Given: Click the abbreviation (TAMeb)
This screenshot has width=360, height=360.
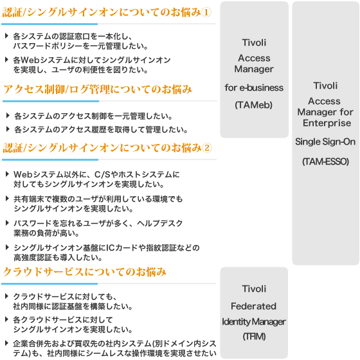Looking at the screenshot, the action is (254, 105).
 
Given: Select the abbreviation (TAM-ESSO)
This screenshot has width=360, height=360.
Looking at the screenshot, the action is (325, 161).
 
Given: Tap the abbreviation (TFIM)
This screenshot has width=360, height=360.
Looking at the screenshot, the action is (254, 336).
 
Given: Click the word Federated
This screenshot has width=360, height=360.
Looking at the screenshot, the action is (254, 306).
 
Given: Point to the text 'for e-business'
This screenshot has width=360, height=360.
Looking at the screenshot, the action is (254, 87).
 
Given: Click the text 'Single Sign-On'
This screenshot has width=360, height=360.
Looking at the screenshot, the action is (325, 141).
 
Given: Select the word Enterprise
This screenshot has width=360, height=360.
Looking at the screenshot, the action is (327, 123).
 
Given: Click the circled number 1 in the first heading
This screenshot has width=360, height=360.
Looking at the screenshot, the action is (206, 12).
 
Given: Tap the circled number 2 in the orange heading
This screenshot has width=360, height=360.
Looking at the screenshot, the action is (206, 148).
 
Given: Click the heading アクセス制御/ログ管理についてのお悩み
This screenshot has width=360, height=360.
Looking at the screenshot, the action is (98, 89).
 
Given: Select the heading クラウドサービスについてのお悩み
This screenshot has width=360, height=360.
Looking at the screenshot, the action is (84, 271).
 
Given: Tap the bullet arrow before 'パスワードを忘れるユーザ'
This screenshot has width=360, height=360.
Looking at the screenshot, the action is (7, 222).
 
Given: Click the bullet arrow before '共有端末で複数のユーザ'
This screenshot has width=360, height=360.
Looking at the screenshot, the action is (7, 199).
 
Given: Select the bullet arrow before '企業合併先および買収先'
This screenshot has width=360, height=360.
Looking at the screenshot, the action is (6, 343).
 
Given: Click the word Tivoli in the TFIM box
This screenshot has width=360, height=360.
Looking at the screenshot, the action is (254, 289).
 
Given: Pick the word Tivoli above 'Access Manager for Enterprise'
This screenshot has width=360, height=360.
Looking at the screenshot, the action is (325, 85).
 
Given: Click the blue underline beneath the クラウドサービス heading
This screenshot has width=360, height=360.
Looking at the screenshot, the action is (50, 283).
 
